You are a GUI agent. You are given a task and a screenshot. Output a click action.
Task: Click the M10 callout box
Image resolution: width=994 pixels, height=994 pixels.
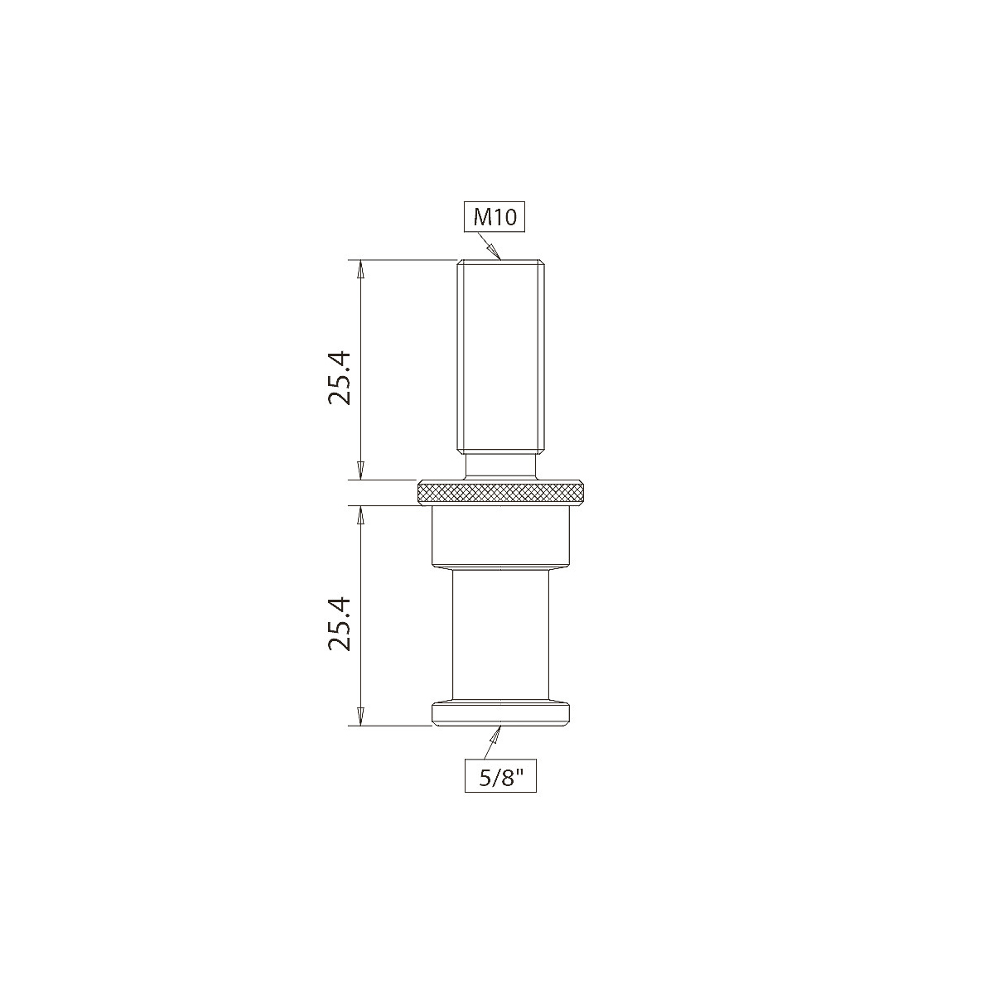click(495, 218)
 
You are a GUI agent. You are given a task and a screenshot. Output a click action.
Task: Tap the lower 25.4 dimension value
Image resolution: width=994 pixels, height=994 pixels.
click(340, 623)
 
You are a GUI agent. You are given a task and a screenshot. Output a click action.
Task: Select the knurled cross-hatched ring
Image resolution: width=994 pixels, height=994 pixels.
click(502, 495)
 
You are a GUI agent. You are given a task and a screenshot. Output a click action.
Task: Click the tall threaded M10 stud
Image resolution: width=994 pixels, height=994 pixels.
click(502, 356)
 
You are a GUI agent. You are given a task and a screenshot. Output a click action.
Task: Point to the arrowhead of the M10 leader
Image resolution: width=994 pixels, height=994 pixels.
click(497, 256)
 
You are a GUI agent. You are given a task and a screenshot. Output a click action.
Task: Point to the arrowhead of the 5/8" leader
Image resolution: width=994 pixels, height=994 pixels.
click(499, 731)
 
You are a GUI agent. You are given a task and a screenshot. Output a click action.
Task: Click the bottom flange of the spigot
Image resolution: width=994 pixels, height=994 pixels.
click(502, 713)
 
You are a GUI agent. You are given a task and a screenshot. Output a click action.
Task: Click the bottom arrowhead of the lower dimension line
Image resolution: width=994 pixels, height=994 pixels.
click(359, 717)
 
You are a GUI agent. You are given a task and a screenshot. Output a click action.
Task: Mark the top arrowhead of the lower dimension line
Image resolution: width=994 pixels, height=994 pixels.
click(359, 515)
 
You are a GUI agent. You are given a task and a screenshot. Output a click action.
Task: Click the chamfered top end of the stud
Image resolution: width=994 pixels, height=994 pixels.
click(502, 263)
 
